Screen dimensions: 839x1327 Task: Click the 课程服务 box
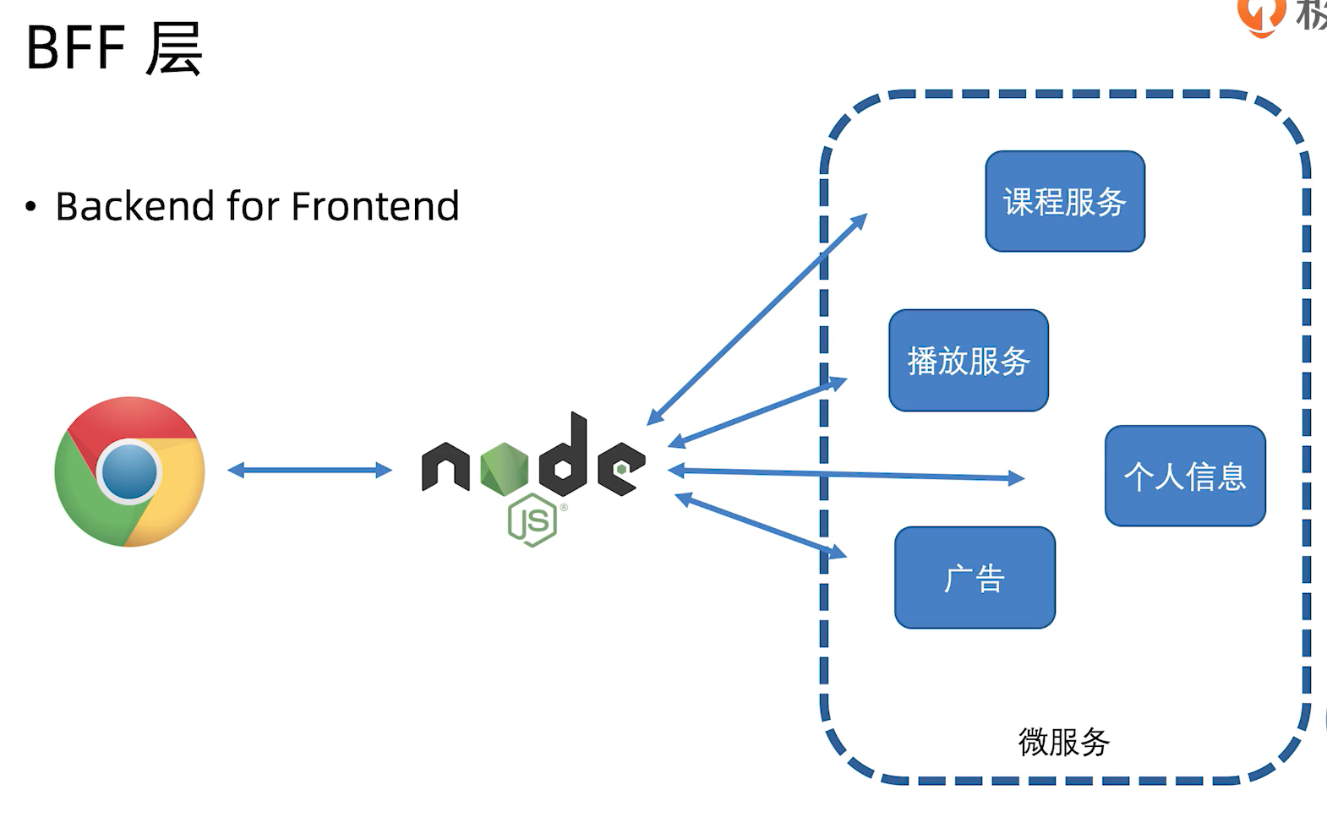pos(1065,201)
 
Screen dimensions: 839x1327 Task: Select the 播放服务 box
pos(969,361)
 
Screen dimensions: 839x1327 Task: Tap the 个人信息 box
pos(1185,476)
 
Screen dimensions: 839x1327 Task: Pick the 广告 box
pos(975,578)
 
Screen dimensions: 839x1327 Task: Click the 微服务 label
pos(1063,742)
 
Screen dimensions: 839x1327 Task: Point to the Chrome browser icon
pos(129,471)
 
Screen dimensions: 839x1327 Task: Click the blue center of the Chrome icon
pos(128,471)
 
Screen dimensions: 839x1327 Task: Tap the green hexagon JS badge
pos(532,520)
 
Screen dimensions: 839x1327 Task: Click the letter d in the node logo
pos(565,456)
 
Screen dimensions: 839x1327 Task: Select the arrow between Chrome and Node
pos(309,470)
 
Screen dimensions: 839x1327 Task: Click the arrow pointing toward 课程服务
pos(757,319)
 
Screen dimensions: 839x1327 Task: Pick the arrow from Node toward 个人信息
pos(845,474)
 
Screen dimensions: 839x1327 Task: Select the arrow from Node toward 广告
pos(761,526)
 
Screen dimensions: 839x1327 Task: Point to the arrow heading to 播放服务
pos(757,412)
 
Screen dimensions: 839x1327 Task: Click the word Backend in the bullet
pos(135,206)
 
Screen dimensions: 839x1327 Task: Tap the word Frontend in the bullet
pos(375,206)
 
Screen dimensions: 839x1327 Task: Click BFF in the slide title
pos(76,48)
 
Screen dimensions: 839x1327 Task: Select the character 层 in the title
pos(174,48)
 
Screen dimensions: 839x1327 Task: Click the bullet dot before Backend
pos(31,206)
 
